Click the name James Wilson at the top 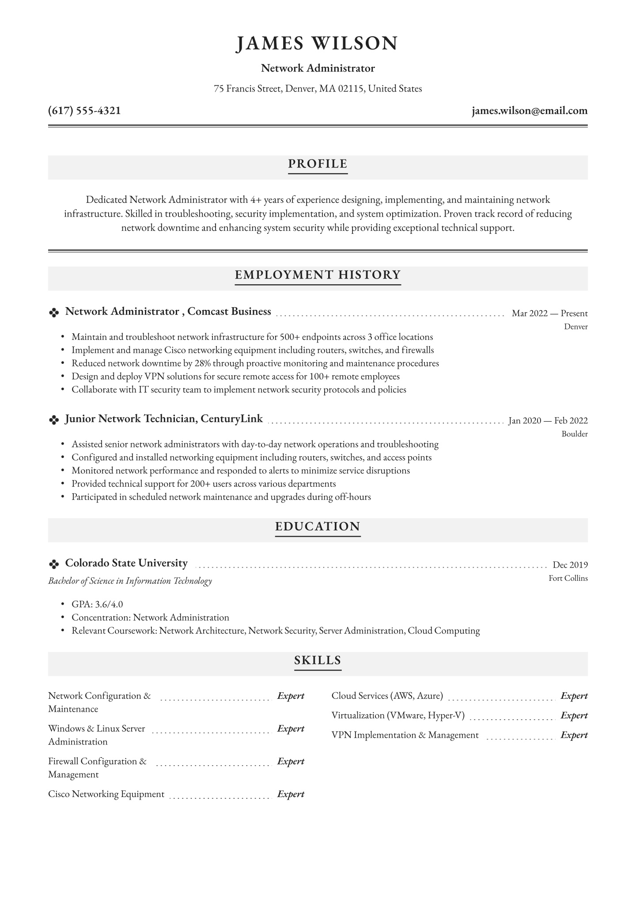[x=317, y=44]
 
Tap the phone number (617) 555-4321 [x=84, y=111]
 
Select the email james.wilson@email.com [x=530, y=111]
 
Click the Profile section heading [x=318, y=164]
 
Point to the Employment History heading [x=318, y=275]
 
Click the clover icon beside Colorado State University [x=54, y=564]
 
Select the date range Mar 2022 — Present [x=549, y=313]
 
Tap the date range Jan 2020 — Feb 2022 [x=548, y=421]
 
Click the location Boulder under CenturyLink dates [x=574, y=434]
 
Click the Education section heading [x=318, y=526]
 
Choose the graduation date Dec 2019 [x=570, y=564]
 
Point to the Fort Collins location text [x=568, y=578]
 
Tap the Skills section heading [x=318, y=660]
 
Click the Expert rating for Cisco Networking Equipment [x=291, y=794]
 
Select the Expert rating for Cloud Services [x=574, y=696]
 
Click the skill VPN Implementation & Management [x=405, y=735]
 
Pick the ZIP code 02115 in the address [x=351, y=89]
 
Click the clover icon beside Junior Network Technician [x=54, y=420]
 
